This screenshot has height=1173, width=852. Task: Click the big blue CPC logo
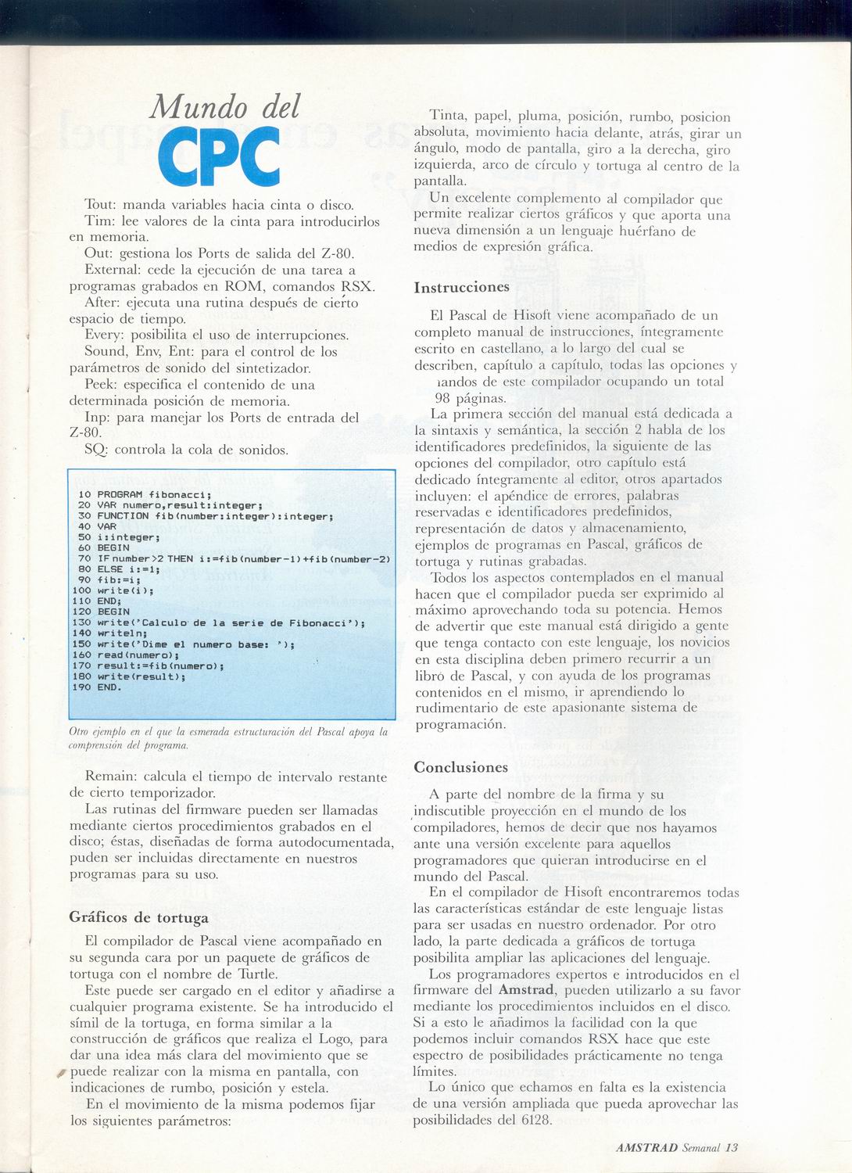(219, 156)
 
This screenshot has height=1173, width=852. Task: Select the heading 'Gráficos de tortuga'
(139, 917)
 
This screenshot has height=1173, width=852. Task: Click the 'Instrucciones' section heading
(461, 287)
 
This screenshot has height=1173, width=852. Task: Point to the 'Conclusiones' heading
(460, 767)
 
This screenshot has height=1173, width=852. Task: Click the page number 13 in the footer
(731, 1148)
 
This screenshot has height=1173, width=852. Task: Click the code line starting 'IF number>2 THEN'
(242, 558)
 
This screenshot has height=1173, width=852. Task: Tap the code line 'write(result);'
(141, 676)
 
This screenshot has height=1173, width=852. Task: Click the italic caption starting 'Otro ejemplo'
(227, 738)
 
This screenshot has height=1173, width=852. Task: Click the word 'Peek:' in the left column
(102, 385)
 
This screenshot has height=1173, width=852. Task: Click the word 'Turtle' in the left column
(257, 974)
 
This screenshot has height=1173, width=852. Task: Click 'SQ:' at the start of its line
(97, 450)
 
